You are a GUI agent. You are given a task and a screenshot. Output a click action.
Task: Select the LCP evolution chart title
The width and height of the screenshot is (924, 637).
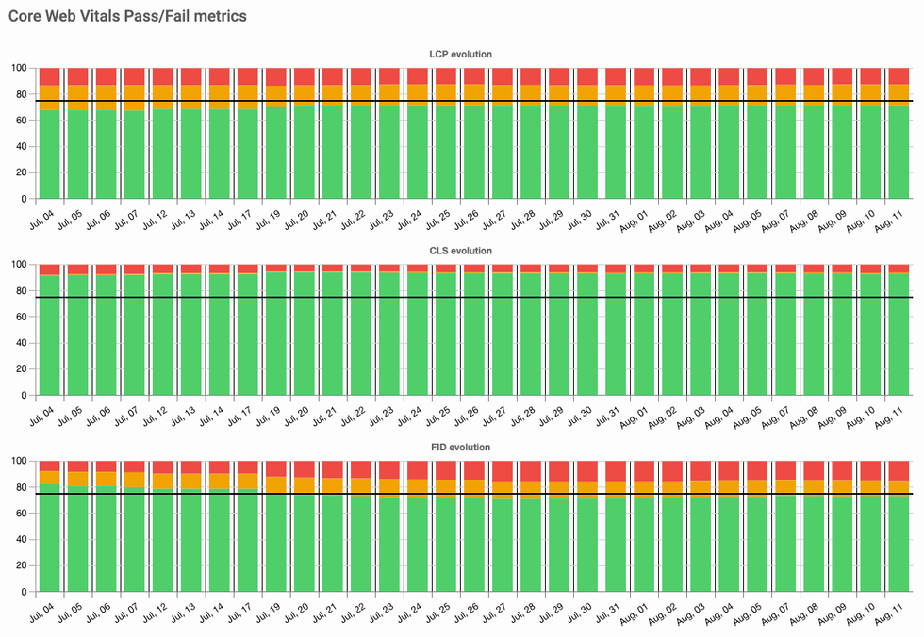click(x=461, y=55)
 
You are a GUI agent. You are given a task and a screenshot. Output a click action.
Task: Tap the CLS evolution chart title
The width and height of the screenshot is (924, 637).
click(x=461, y=251)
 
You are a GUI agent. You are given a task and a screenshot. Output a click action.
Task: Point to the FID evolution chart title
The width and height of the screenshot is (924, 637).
click(x=461, y=447)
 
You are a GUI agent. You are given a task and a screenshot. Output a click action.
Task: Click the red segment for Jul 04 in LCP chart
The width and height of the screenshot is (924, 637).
click(x=49, y=76)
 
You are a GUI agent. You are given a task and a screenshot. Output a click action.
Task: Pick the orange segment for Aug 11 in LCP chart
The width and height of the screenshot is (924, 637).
click(x=899, y=93)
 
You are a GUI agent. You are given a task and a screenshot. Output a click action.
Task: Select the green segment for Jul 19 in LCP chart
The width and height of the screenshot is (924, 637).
click(x=275, y=151)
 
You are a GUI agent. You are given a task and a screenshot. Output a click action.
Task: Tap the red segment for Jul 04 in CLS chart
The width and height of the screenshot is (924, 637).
click(x=49, y=269)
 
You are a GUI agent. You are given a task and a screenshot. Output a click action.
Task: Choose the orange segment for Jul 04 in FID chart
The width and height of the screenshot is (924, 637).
click(x=49, y=477)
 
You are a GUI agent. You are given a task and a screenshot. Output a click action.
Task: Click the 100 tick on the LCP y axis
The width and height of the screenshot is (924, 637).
click(x=19, y=68)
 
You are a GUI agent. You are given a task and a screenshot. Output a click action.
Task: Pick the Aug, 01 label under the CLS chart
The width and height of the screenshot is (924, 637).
click(x=644, y=416)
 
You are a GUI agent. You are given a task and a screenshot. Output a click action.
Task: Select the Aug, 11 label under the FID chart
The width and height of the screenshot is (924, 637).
click(x=899, y=612)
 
